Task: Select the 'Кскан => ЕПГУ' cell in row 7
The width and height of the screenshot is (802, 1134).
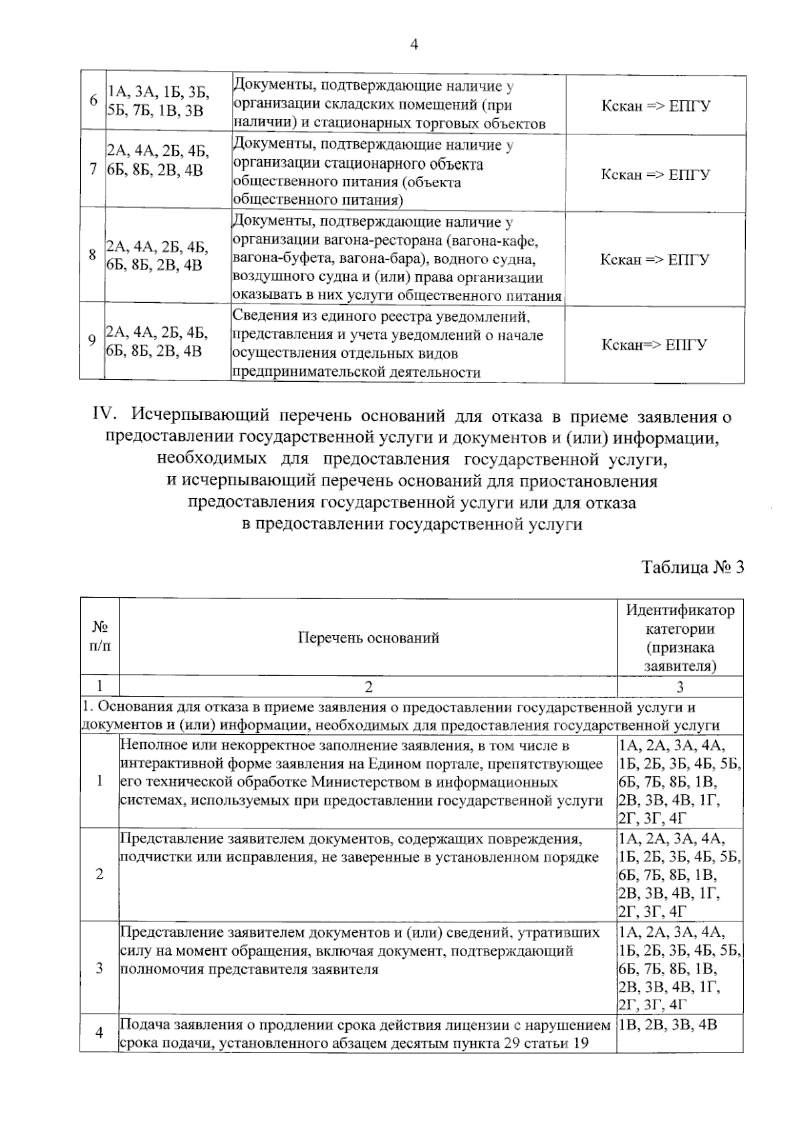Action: [x=655, y=175]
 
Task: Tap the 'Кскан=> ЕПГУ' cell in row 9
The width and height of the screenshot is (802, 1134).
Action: [x=654, y=345]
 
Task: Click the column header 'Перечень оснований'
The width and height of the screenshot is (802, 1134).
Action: [x=368, y=638]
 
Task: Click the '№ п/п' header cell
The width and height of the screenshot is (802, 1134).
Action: [x=99, y=637]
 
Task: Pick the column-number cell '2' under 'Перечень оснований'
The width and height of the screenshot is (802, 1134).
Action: [x=368, y=687]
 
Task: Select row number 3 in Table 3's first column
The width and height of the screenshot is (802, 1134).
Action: [x=99, y=968]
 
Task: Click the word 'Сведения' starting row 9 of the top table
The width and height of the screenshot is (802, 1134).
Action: [x=261, y=316]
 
